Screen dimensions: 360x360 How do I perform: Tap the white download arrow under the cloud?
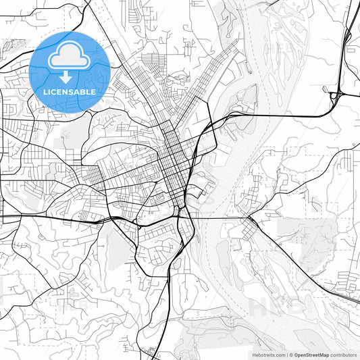pos(70,76)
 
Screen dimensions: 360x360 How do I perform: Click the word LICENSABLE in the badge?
pos(70,91)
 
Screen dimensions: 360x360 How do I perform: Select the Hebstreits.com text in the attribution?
pos(268,354)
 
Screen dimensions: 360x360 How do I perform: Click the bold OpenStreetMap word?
pos(311,354)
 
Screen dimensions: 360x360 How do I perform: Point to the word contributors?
pos(343,354)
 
